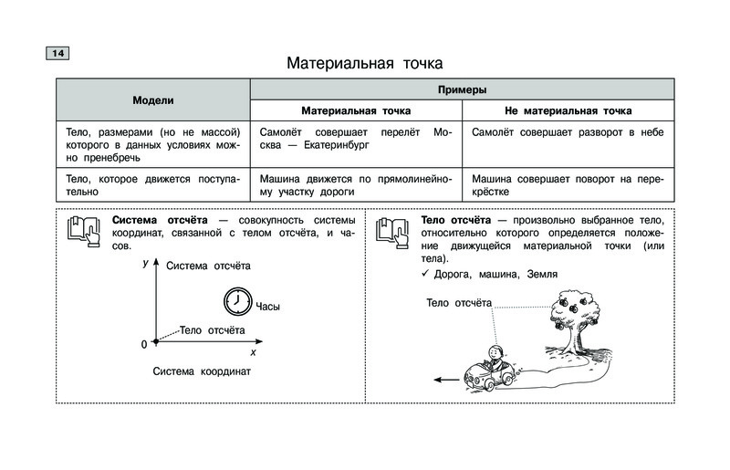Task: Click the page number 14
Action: coord(57,54)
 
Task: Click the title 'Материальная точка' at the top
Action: coord(364,64)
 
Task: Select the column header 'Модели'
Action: coord(152,100)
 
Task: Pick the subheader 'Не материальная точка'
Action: coord(568,110)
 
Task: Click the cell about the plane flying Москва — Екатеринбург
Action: coord(355,139)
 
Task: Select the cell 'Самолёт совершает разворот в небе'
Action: coord(567,132)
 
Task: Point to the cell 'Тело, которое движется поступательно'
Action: coord(152,186)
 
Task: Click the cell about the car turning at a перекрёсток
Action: coord(567,186)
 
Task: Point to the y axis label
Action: coord(146,263)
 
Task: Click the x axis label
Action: coord(253,351)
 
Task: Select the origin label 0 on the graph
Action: coord(143,344)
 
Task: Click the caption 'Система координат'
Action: coord(201,372)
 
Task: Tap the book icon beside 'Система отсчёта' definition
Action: coord(84,233)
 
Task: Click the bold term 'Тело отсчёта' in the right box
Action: coord(455,221)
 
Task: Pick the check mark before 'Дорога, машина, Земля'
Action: coord(425,274)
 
